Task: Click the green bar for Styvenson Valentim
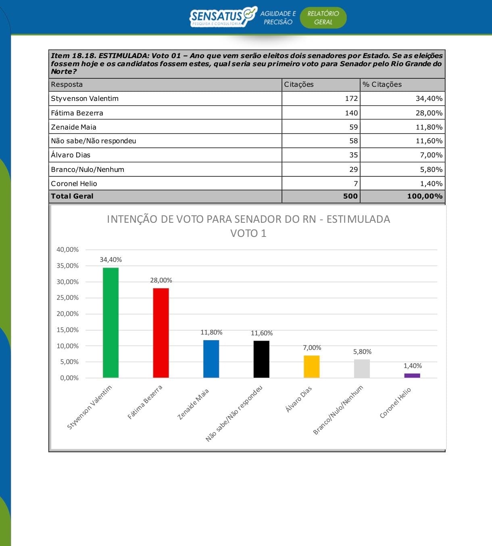coord(110,322)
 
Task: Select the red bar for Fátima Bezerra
coord(161,333)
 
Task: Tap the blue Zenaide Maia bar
coord(211,359)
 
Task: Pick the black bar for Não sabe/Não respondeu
coord(261,359)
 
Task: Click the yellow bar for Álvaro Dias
coord(311,366)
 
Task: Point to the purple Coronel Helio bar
coord(412,376)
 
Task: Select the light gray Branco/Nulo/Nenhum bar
coord(362,368)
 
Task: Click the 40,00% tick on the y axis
coord(67,250)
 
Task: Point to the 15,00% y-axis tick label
coord(67,330)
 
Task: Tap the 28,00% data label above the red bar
coord(161,280)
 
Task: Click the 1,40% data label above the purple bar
coord(413,366)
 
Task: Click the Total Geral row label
coord(72,196)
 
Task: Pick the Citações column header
coord(299,84)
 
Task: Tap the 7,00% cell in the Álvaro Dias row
coord(431,155)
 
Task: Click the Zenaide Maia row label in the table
coord(74,127)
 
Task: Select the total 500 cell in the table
coord(350,196)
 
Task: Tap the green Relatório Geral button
coord(323,18)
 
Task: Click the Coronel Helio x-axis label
coord(395,403)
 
